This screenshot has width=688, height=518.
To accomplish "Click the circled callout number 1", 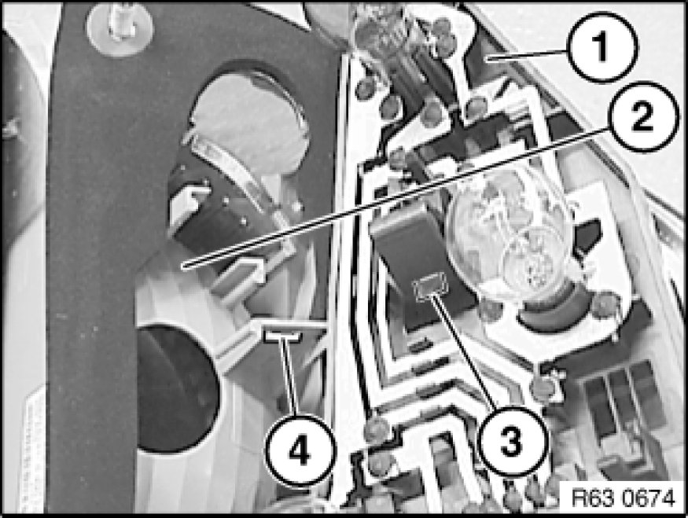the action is click(602, 47).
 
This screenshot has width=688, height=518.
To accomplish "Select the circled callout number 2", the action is click(643, 116).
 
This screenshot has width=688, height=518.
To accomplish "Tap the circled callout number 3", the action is click(512, 441).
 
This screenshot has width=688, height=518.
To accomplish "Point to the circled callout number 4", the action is click(300, 450).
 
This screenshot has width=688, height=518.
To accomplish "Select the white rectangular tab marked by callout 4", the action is click(282, 336).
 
